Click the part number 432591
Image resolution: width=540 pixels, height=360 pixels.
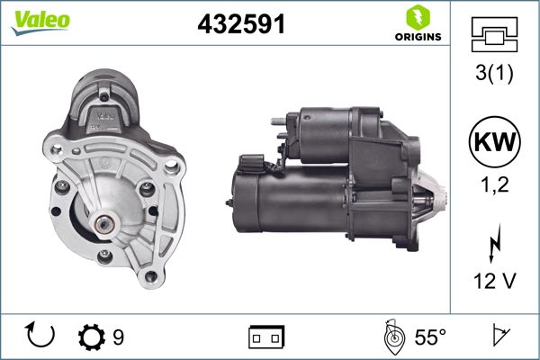(x=241, y=25)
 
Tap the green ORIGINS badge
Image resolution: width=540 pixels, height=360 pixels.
(x=416, y=24)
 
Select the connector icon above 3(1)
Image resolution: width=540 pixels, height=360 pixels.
(x=493, y=35)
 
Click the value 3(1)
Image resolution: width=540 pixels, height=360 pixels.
(x=493, y=75)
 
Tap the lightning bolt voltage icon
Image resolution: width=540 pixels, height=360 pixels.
(x=493, y=242)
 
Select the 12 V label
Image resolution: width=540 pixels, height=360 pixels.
(x=493, y=282)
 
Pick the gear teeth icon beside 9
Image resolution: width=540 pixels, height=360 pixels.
(x=91, y=337)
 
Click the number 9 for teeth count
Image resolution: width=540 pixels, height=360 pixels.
(x=118, y=337)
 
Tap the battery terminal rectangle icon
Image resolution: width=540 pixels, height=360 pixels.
(x=266, y=337)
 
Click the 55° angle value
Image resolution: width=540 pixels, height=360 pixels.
(x=429, y=337)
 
